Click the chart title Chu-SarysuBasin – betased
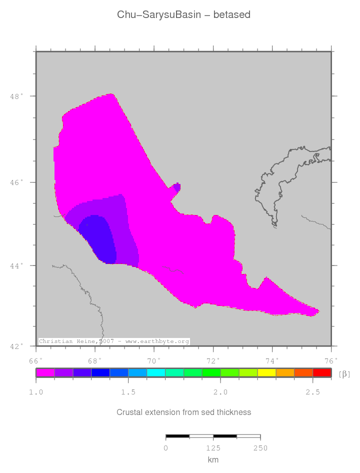point(183,15)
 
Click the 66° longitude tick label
point(35,360)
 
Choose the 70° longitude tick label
point(154,360)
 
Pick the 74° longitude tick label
point(272,360)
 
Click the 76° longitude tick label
point(331,360)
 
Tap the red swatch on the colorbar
point(322,372)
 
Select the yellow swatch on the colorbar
point(266,372)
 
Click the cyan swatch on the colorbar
point(156,372)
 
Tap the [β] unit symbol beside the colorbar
point(344,374)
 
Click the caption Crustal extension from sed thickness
point(183,412)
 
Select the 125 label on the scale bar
point(213,448)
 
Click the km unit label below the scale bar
point(213,460)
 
